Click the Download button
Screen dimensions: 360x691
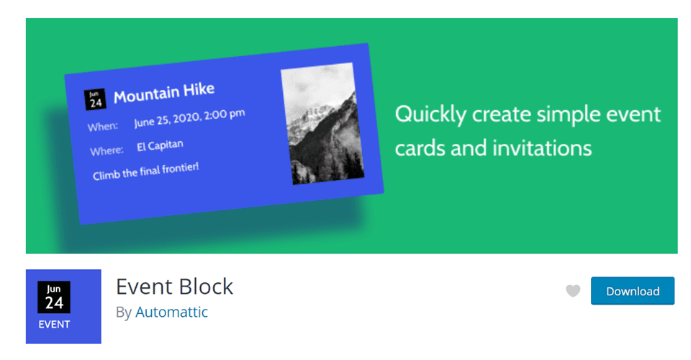coord(632,291)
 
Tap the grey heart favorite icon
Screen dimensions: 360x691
coord(573,291)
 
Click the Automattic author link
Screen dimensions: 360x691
coord(171,312)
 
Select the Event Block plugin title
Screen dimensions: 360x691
coord(174,286)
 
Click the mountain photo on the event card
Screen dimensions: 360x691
coord(322,124)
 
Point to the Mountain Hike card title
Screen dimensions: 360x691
coord(164,93)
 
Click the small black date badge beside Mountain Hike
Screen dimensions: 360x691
coord(95,99)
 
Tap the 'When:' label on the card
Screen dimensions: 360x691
coord(103,127)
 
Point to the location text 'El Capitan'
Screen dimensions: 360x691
coord(160,146)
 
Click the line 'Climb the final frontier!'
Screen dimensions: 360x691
coord(145,171)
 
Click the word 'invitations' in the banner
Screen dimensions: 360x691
coord(542,148)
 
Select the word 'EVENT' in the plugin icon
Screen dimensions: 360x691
coord(54,324)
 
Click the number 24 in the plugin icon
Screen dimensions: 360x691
coord(54,303)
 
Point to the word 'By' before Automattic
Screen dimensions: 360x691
coord(123,312)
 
